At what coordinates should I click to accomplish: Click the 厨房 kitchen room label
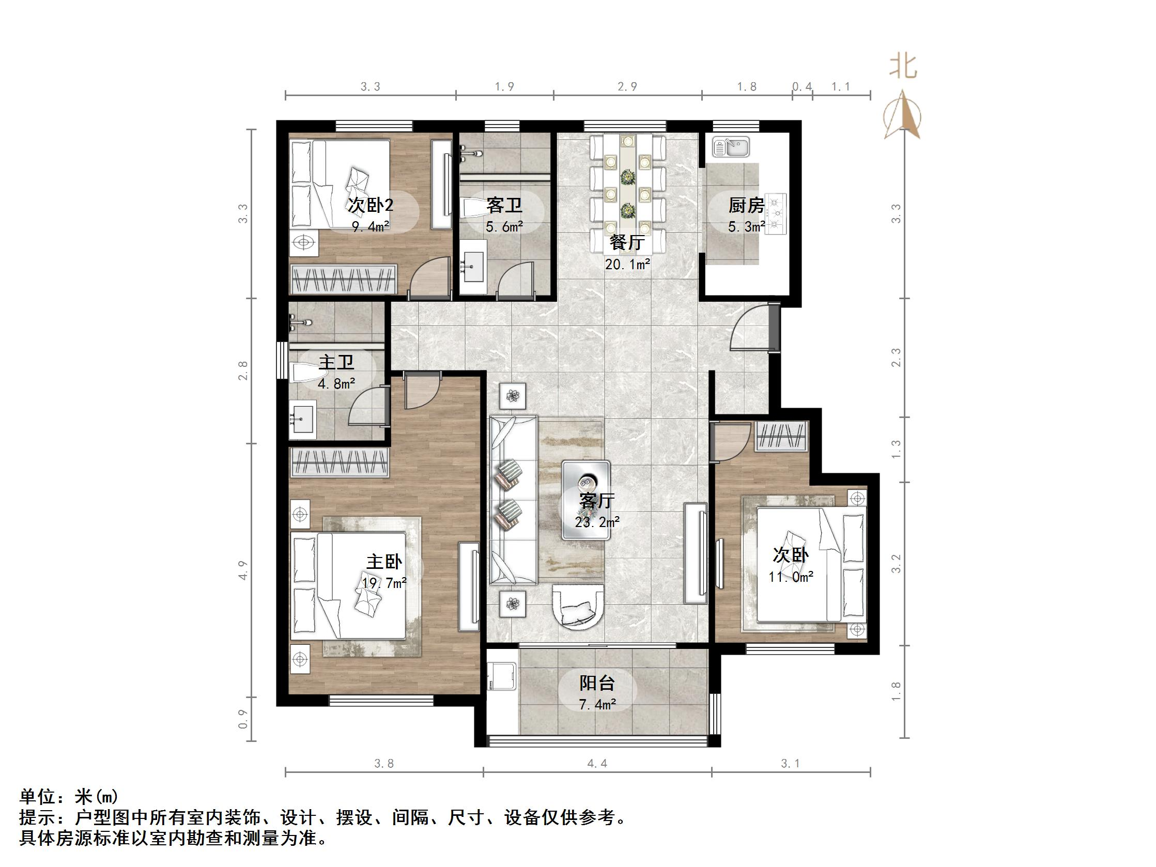pos(746,206)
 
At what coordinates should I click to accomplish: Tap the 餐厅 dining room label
pos(627,243)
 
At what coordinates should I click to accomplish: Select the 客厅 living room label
pos(597,501)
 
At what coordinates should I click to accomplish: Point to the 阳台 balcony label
pos(597,683)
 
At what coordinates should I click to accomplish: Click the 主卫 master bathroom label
pos(336,362)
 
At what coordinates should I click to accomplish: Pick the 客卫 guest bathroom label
pos(504,206)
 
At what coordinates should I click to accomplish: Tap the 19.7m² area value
pos(384,583)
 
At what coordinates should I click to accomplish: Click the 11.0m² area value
pos(791,577)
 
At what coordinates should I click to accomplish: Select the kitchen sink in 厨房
pos(731,147)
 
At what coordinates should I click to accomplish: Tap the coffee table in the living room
pos(586,500)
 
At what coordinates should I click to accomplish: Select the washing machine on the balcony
pos(502,677)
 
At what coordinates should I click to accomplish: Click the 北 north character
pos(903,67)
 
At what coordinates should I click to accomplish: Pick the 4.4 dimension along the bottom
pos(597,764)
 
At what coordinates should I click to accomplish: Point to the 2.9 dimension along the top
pos(627,87)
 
